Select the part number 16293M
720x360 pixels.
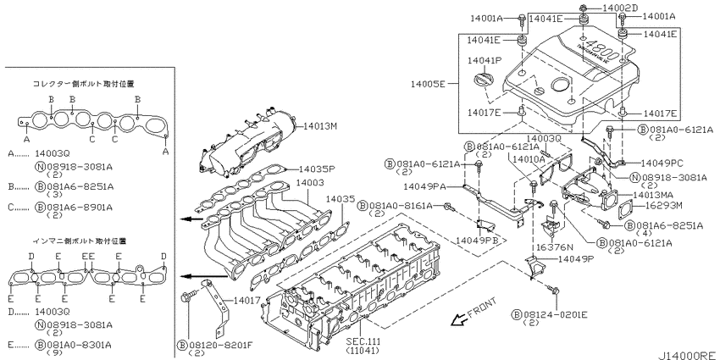[665, 205]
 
